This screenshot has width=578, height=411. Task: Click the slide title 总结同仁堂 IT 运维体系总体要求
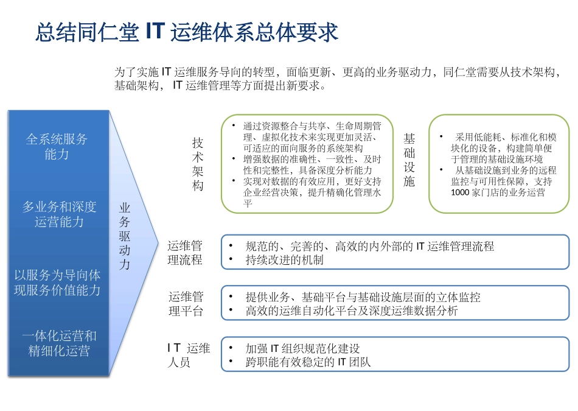pyautogui.click(x=186, y=32)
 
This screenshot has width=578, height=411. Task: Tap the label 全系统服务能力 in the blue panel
pyautogui.click(x=57, y=147)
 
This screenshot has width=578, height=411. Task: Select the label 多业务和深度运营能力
pyautogui.click(x=59, y=214)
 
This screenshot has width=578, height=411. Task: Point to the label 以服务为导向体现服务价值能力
pyautogui.click(x=57, y=283)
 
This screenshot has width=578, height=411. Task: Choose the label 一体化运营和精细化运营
pyautogui.click(x=59, y=343)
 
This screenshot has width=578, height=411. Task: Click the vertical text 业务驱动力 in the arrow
pyautogui.click(x=125, y=236)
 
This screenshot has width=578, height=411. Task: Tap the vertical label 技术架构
pyautogui.click(x=198, y=164)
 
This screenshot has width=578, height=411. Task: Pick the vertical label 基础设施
pyautogui.click(x=409, y=161)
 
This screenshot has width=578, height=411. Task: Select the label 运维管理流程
pyautogui.click(x=186, y=253)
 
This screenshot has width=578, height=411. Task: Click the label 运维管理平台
pyautogui.click(x=186, y=304)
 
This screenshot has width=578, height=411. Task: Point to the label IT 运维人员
pyautogui.click(x=189, y=355)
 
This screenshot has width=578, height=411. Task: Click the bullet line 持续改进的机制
pyautogui.click(x=285, y=260)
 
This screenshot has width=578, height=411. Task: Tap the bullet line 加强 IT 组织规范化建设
pyautogui.click(x=302, y=349)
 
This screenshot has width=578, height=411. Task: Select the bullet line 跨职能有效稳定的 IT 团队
pyautogui.click(x=308, y=362)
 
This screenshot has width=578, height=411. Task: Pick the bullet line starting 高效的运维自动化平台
pyautogui.click(x=352, y=311)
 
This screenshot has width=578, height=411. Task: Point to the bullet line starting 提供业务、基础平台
pyautogui.click(x=363, y=297)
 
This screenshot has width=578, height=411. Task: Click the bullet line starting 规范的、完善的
pyautogui.click(x=369, y=247)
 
